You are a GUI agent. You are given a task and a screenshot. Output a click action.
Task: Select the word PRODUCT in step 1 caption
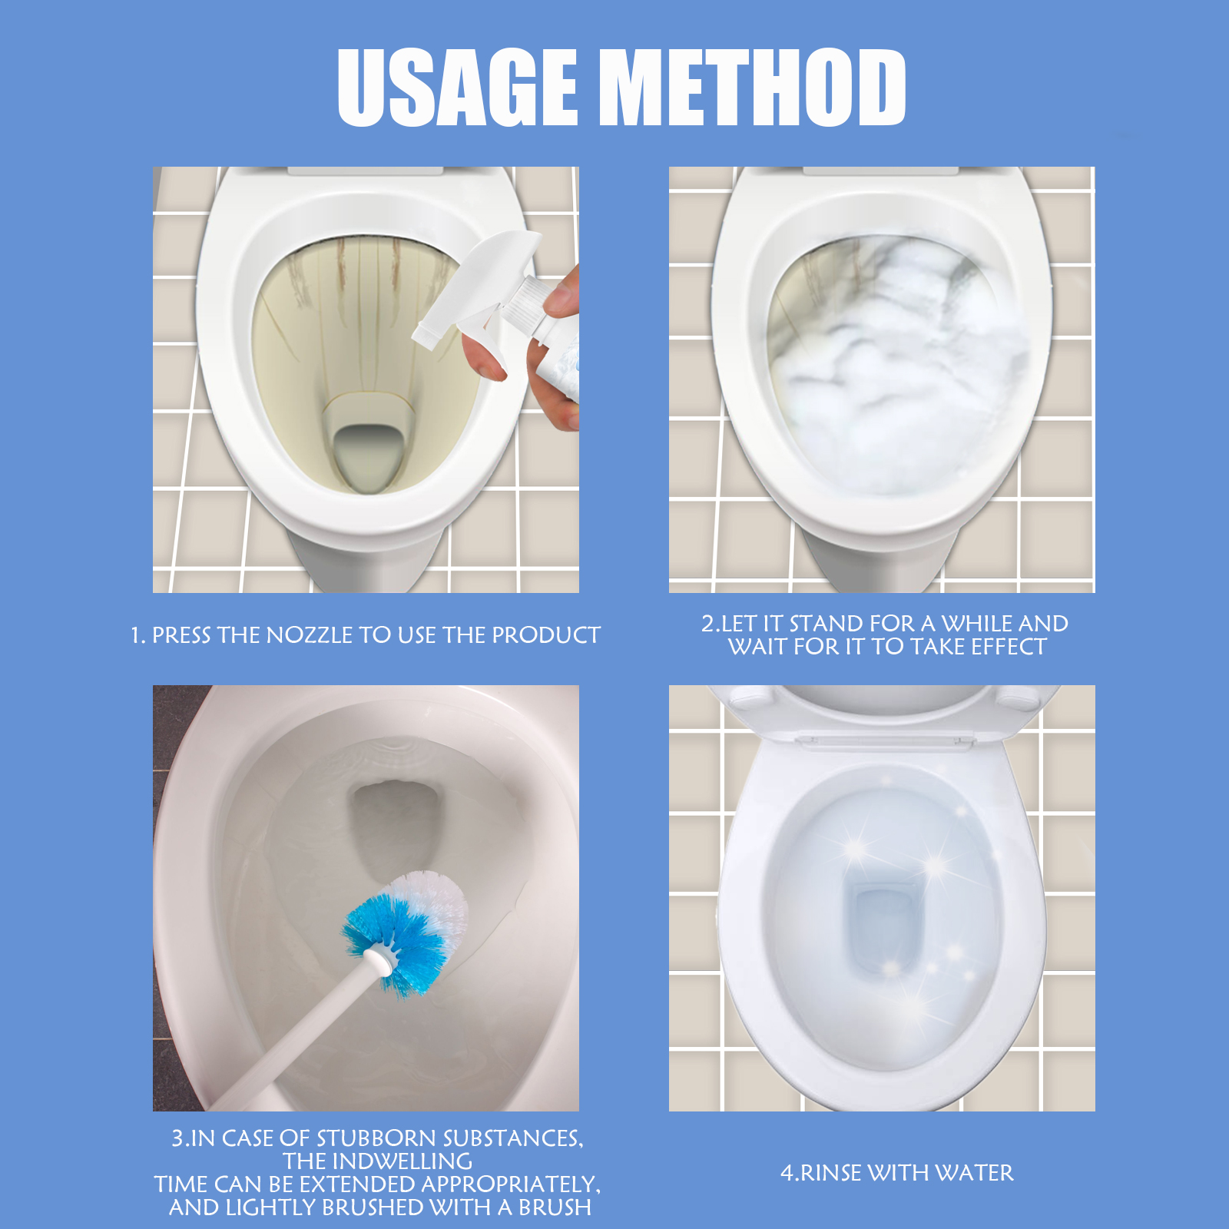pos(546,635)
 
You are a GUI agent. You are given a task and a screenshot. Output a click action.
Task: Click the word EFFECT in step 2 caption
pos(1009,647)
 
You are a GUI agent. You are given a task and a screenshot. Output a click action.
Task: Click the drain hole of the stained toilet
pos(367,457)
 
